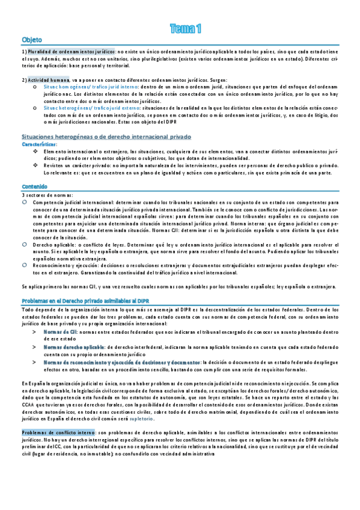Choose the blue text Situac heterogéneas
point(67,106)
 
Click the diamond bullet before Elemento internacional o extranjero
point(35,152)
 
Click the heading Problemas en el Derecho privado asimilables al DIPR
point(82,300)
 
